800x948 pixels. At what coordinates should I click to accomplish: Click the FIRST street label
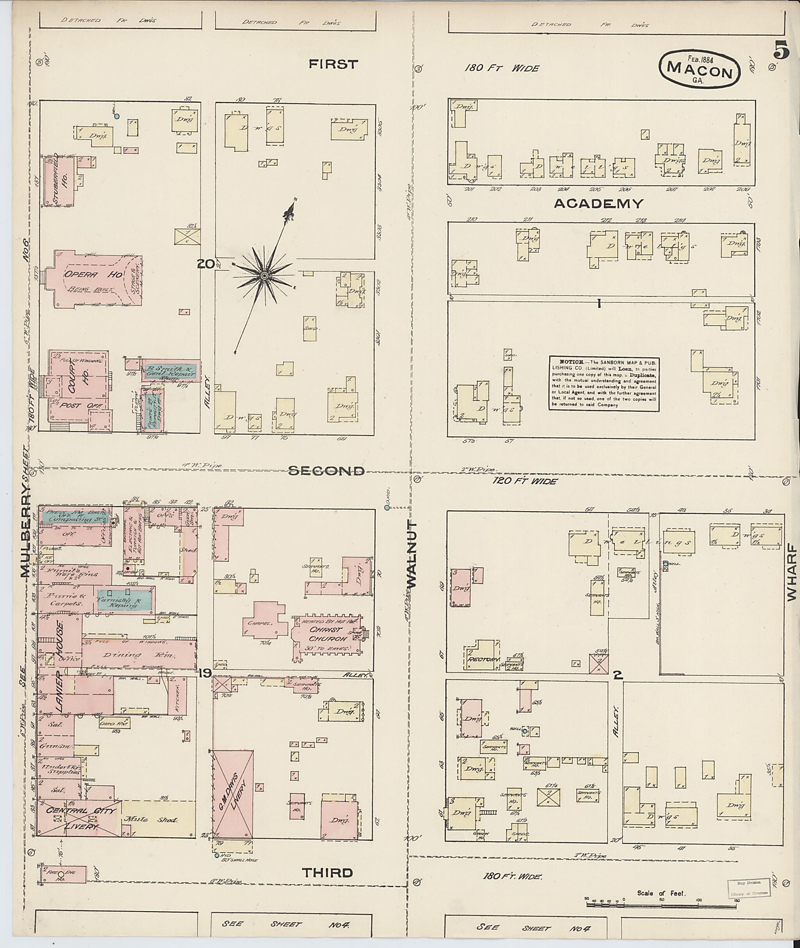333,64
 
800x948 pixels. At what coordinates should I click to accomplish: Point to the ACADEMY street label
598,203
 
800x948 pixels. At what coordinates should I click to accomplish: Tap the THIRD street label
327,872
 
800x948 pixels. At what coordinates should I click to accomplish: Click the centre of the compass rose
264,276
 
